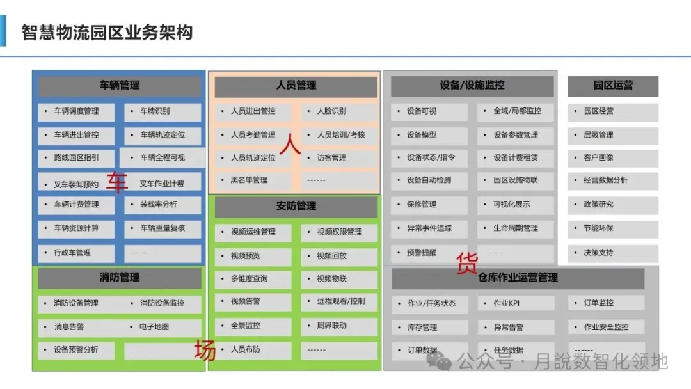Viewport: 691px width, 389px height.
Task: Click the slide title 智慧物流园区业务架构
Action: [x=107, y=32]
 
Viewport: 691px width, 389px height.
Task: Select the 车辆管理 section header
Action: [x=119, y=85]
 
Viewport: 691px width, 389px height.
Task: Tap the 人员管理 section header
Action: [x=296, y=85]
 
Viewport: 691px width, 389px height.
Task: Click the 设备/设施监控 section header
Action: [x=472, y=85]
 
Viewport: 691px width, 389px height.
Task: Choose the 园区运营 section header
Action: [x=612, y=85]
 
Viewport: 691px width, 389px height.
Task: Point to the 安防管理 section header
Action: [x=296, y=206]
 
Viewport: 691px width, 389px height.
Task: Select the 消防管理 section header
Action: [x=119, y=278]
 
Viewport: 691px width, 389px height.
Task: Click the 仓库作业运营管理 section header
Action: [x=518, y=278]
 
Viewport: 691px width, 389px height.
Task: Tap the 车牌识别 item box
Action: [x=163, y=111]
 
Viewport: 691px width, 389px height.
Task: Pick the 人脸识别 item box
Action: [x=339, y=111]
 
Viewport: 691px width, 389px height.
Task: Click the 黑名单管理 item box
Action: [x=253, y=180]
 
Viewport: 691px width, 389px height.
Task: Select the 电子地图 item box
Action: [x=163, y=327]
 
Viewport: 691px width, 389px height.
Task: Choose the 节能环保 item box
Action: [x=612, y=228]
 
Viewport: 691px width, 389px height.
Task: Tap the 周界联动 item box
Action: [x=339, y=326]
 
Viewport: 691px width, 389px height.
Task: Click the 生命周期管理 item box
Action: [x=515, y=228]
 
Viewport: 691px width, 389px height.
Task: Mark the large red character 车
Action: [x=116, y=183]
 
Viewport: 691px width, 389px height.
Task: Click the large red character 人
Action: [x=290, y=145]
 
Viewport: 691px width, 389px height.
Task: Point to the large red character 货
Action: [x=466, y=263]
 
